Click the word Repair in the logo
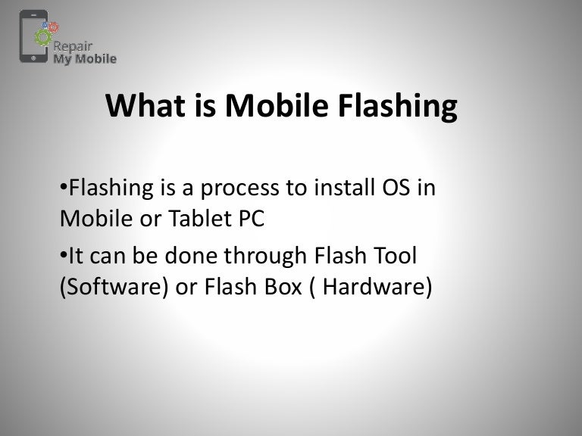(x=73, y=46)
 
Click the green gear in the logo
(x=43, y=37)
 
